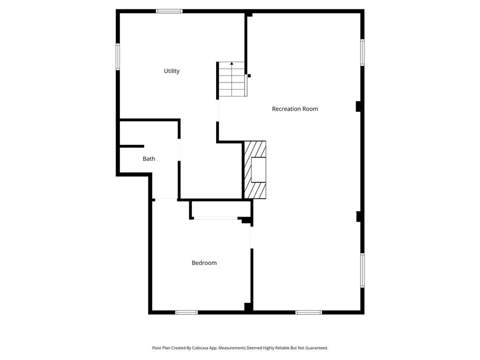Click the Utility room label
click(x=172, y=71)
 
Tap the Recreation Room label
click(x=295, y=109)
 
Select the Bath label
click(x=149, y=159)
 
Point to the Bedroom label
click(x=204, y=263)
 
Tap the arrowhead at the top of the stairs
click(x=232, y=63)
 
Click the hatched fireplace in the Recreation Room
click(x=255, y=170)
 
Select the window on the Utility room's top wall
click(x=169, y=11)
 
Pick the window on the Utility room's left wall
click(x=118, y=57)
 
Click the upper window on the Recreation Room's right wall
click(x=362, y=52)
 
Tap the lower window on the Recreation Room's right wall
click(x=362, y=270)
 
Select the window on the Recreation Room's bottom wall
click(x=308, y=312)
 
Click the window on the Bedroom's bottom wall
click(x=186, y=312)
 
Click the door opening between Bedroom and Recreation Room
click(x=252, y=237)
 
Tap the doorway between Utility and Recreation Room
click(x=217, y=111)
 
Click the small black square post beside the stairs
click(x=249, y=75)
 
